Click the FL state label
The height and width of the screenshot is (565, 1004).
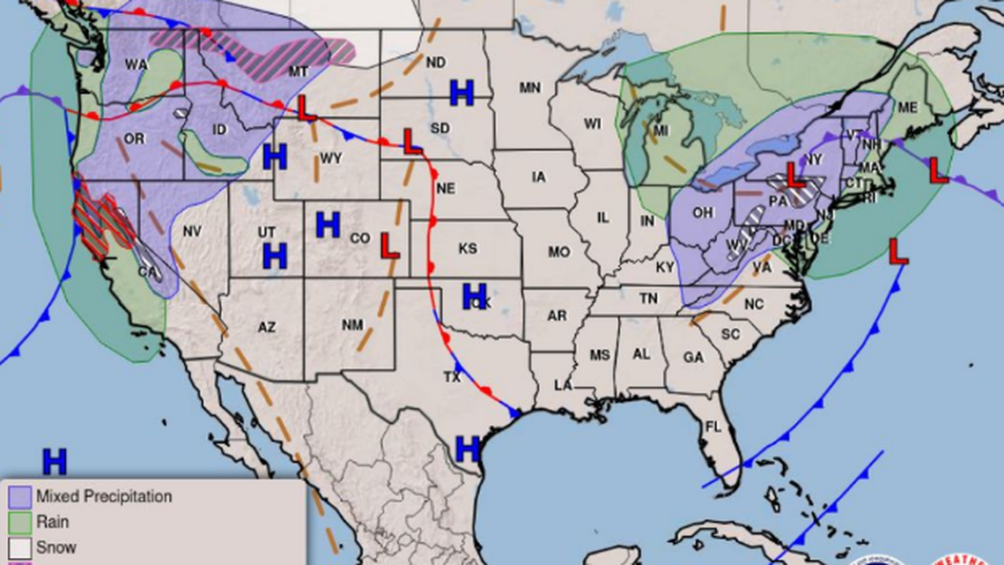tap(712, 427)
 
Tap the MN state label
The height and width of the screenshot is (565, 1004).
tap(529, 88)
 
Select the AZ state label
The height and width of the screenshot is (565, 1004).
tap(267, 328)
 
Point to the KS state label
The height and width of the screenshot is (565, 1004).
tap(468, 249)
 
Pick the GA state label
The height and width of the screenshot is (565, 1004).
tap(693, 358)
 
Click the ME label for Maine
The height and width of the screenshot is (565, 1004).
tap(907, 108)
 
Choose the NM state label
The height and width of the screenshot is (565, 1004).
tap(352, 325)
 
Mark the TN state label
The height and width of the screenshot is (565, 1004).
tap(648, 300)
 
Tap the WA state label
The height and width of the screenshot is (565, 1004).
tap(136, 64)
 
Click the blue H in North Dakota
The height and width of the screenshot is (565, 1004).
tap(461, 92)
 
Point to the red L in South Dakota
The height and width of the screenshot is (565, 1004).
tap(410, 140)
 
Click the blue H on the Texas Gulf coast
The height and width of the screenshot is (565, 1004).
tap(467, 449)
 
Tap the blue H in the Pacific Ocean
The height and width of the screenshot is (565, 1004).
tap(55, 460)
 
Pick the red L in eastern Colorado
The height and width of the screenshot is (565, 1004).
tap(388, 246)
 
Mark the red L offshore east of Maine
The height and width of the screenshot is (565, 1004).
tap(938, 170)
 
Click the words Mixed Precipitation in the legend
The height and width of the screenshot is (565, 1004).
tap(104, 497)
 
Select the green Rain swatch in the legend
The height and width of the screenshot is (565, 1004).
tap(20, 522)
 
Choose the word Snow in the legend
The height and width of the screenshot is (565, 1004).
tap(56, 547)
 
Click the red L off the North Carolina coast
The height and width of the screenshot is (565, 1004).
tap(897, 252)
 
